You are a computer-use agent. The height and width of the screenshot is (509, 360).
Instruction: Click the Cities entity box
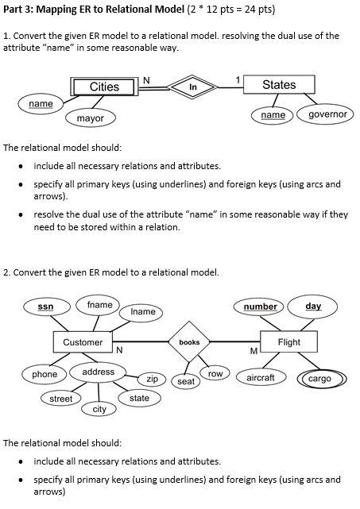[104, 86]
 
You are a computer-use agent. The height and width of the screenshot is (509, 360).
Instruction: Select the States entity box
[278, 85]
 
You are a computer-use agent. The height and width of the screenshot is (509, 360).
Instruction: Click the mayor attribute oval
[90, 118]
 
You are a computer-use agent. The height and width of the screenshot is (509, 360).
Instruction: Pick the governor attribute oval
[327, 115]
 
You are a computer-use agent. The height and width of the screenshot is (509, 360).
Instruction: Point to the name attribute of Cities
[41, 104]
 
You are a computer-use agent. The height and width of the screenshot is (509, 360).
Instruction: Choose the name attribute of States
[273, 115]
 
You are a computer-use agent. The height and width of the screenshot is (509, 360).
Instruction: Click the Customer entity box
[83, 342]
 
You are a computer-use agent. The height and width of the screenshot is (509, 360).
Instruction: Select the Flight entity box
[288, 342]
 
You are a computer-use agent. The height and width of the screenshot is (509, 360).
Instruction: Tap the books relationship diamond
[189, 342]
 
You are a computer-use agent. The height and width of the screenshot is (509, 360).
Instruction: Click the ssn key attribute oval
[46, 307]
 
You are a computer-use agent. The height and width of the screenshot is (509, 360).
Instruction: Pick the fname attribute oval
[99, 305]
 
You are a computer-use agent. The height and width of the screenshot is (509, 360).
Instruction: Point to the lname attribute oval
[142, 312]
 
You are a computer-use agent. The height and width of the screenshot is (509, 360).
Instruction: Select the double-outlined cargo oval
[319, 379]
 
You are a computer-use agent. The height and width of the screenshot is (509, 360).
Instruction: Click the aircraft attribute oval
[261, 378]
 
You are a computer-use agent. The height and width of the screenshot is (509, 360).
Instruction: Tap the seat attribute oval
[186, 382]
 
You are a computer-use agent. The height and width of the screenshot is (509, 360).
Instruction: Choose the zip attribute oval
[151, 380]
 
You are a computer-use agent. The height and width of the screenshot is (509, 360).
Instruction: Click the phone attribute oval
[45, 374]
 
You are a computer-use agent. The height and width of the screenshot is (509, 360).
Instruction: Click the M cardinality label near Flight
[254, 351]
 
